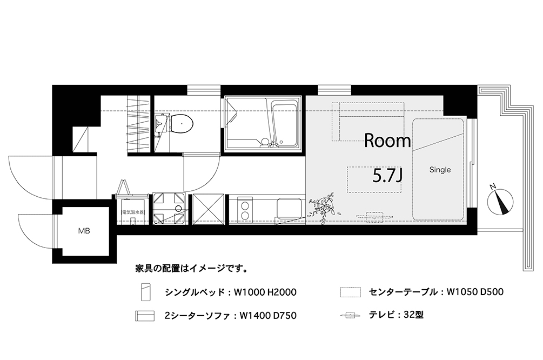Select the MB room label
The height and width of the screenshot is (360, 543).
tap(84, 230)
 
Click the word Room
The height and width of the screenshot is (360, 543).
tap(387, 141)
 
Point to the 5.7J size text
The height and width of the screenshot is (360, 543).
tap(387, 176)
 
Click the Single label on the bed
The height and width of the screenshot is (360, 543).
tap(440, 170)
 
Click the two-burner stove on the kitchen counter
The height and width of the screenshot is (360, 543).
tap(245, 209)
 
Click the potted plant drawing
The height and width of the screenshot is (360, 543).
tap(322, 206)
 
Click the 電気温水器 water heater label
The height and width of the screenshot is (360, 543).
tap(132, 212)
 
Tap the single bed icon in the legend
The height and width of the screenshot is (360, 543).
tap(145, 292)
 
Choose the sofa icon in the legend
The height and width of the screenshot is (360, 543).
tap(145, 316)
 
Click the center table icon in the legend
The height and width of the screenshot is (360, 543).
tap(351, 292)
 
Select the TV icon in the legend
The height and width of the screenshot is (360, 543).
tap(351, 315)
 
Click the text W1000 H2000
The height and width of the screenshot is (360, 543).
tap(265, 292)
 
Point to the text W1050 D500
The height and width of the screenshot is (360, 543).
tap(475, 292)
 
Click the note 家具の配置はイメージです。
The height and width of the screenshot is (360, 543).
tap(191, 268)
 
